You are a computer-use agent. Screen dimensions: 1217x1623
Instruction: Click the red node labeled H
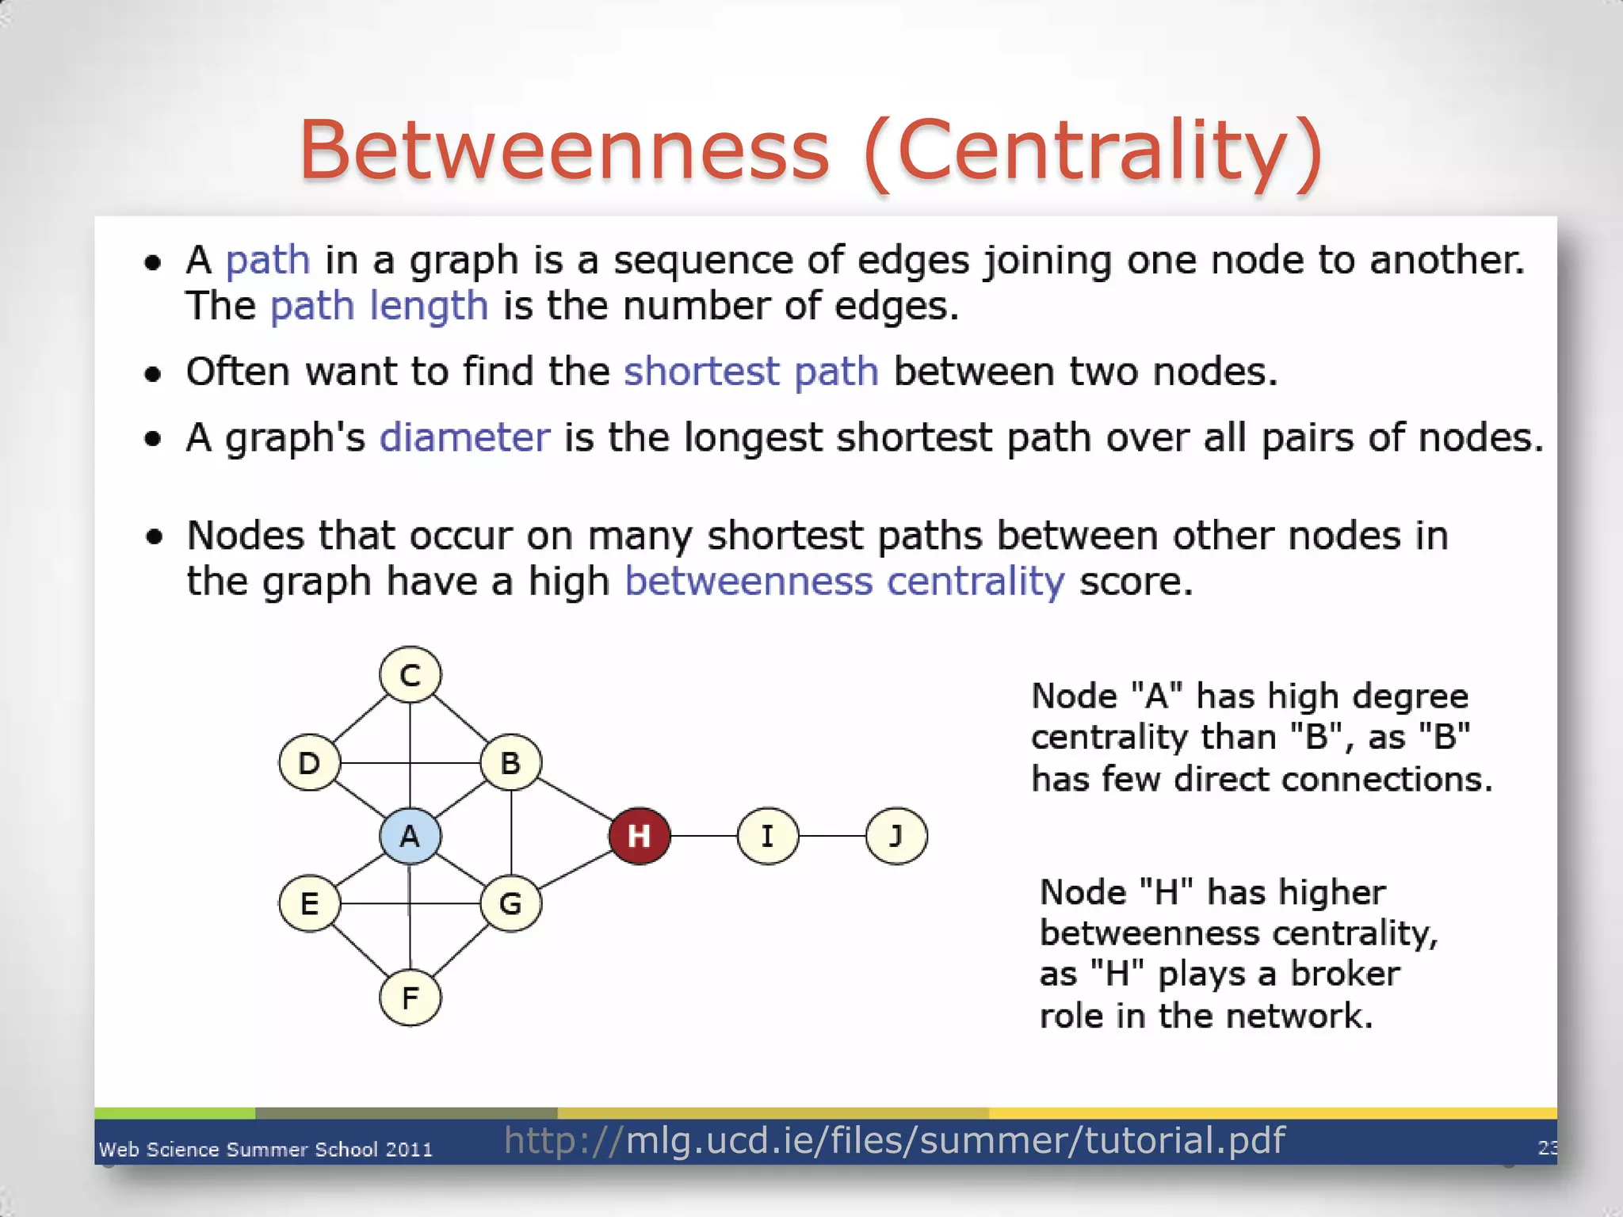(640, 836)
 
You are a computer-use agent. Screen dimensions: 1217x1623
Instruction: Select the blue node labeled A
(410, 836)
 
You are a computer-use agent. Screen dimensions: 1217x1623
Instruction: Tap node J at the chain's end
(896, 836)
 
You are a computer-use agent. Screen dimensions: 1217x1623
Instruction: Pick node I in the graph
(768, 836)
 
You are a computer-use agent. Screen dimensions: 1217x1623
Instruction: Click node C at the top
(410, 675)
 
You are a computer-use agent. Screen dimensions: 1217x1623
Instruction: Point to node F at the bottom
(410, 998)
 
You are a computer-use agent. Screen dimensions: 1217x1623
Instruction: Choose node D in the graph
(310, 763)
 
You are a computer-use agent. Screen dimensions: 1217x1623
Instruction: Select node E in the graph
(310, 903)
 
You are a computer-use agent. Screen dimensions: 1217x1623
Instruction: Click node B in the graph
(511, 763)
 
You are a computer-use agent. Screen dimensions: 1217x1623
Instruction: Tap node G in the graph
(511, 903)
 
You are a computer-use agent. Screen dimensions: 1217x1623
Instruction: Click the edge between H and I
(704, 836)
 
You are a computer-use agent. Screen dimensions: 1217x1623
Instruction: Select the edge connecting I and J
(832, 836)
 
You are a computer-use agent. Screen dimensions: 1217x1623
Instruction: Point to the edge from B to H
(575, 799)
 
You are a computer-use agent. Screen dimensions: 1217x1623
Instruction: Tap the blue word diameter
(464, 437)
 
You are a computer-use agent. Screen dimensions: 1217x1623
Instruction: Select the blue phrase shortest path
(750, 372)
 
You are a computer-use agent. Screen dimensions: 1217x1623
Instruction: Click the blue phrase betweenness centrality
(844, 582)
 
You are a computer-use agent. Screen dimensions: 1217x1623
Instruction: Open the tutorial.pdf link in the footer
(894, 1141)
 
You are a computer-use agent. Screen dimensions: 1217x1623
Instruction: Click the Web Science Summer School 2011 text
(265, 1150)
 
